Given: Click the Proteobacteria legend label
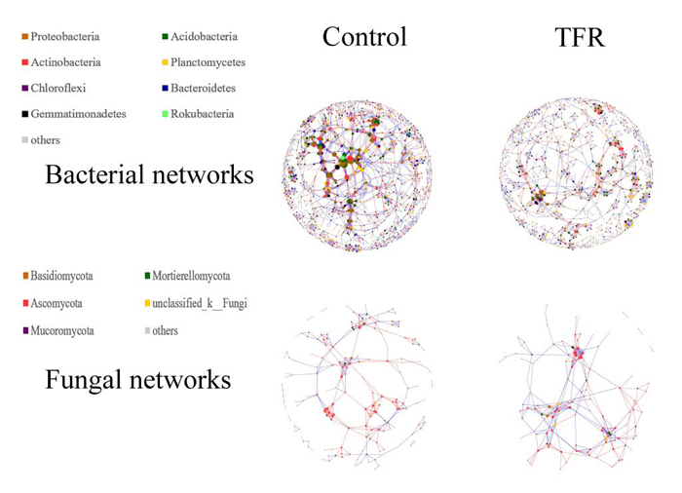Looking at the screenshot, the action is click(x=65, y=37).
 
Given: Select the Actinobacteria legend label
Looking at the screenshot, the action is click(x=65, y=62).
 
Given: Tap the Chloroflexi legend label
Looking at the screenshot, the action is click(x=58, y=88).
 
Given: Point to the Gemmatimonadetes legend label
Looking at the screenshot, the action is click(x=78, y=114).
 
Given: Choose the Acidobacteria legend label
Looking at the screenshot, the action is click(x=204, y=37).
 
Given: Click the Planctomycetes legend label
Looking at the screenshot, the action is click(x=208, y=62).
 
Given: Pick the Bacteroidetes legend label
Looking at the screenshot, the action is click(x=203, y=88).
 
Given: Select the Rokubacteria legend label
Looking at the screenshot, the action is click(x=203, y=114).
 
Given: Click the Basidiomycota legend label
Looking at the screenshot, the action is click(x=61, y=276).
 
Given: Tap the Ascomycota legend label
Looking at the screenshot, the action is click(x=57, y=303).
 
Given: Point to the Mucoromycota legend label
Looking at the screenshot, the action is click(x=62, y=330).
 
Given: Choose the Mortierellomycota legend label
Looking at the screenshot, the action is click(x=191, y=276).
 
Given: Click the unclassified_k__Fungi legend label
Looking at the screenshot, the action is click(x=200, y=303).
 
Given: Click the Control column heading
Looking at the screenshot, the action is click(x=364, y=37).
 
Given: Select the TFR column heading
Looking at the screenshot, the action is click(x=580, y=37).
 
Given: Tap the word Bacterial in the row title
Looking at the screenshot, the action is click(x=95, y=174).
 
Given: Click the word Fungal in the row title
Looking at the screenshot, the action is click(x=82, y=380).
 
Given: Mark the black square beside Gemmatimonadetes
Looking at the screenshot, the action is click(x=25, y=114).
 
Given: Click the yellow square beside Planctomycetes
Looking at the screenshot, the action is click(x=166, y=62).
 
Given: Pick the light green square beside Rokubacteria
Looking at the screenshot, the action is click(x=166, y=114).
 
